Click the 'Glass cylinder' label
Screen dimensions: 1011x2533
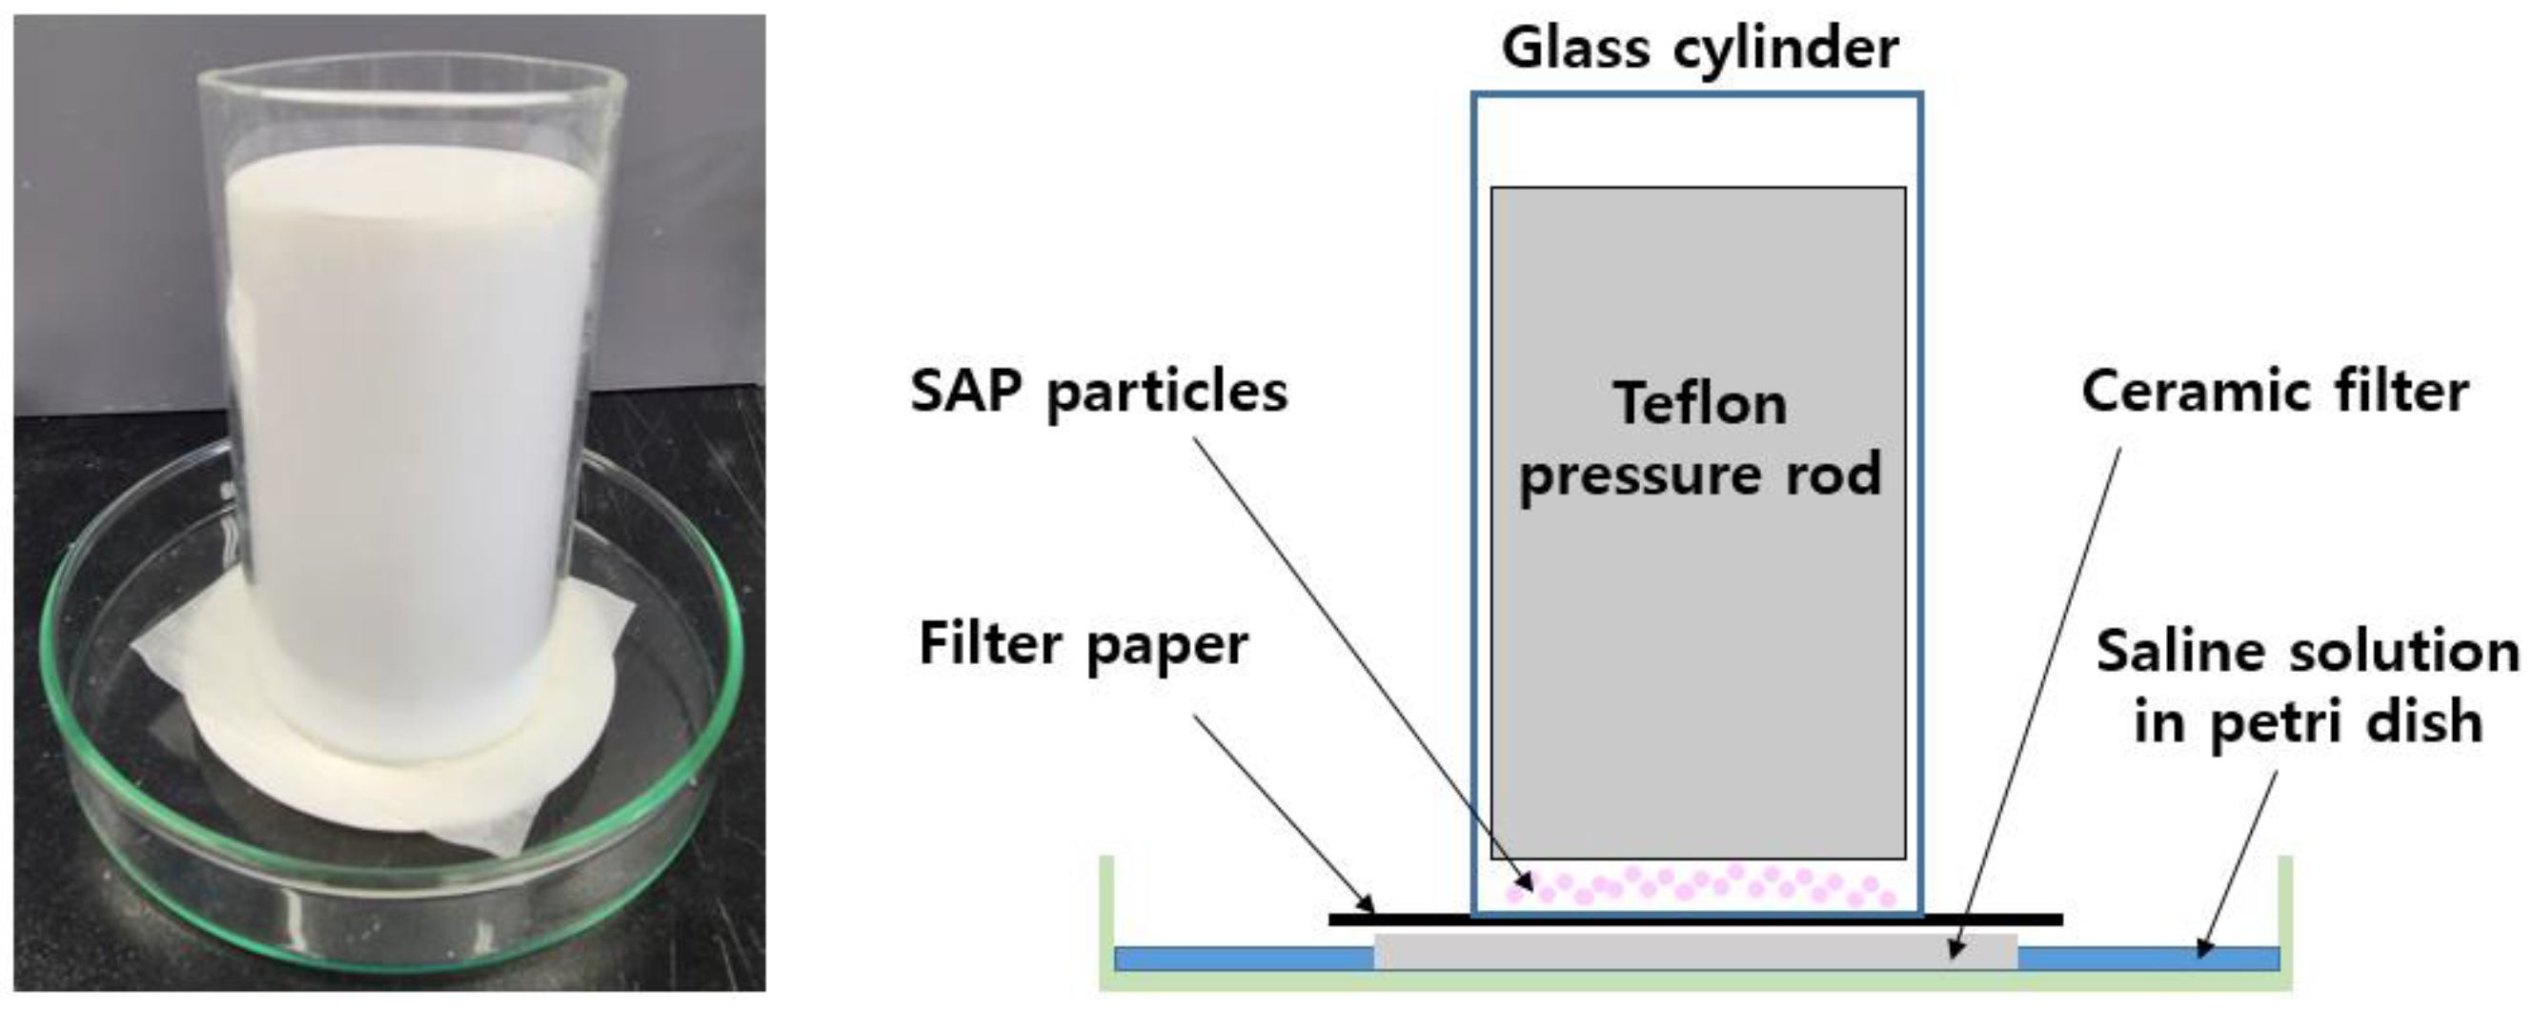point(1699,49)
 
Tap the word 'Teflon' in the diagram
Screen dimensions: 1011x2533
point(1699,404)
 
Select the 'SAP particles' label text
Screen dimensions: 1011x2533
point(1099,392)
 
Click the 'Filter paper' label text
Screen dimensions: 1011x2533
point(1083,644)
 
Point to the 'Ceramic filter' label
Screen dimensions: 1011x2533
point(2275,392)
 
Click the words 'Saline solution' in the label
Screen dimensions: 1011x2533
point(2307,651)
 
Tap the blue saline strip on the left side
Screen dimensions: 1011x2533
point(1243,958)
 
